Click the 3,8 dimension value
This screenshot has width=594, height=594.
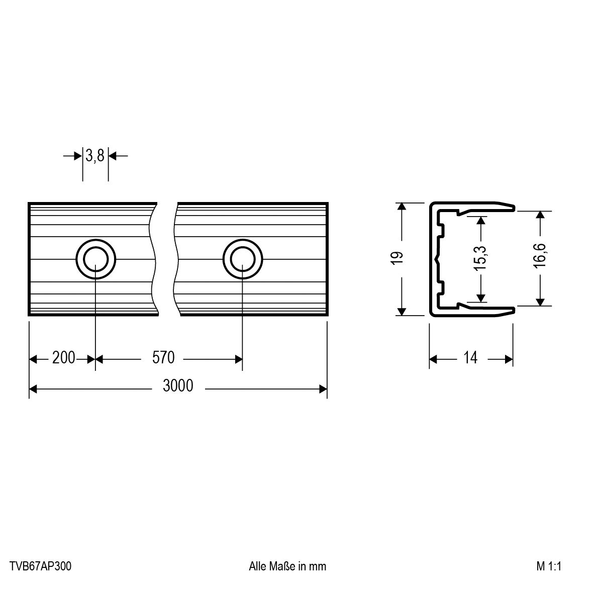pyautogui.click(x=94, y=156)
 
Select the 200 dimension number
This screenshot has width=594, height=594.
pyautogui.click(x=64, y=358)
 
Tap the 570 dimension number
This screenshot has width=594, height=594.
pyautogui.click(x=163, y=358)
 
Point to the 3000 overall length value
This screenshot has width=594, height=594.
pyautogui.click(x=178, y=385)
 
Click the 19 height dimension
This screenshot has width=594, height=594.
pyautogui.click(x=397, y=258)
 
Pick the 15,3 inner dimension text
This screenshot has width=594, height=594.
pyautogui.click(x=480, y=258)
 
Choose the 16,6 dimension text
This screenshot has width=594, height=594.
pyautogui.click(x=540, y=256)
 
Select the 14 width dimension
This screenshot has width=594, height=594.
pyautogui.click(x=470, y=358)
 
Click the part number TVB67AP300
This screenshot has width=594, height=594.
pyautogui.click(x=41, y=566)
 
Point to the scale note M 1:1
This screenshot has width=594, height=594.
pyautogui.click(x=549, y=566)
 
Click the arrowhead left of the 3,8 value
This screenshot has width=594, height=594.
pyautogui.click(x=78, y=156)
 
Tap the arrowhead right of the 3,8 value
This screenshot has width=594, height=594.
pyautogui.click(x=113, y=156)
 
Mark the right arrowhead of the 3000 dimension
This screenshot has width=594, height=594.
pyautogui.click(x=323, y=389)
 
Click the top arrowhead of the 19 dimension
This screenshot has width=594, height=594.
pyautogui.click(x=401, y=207)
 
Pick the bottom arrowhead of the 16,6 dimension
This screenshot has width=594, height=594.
pyautogui.click(x=540, y=301)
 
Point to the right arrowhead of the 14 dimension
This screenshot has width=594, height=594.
pyautogui.click(x=509, y=359)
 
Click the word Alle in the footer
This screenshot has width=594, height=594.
pyautogui.click(x=258, y=566)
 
